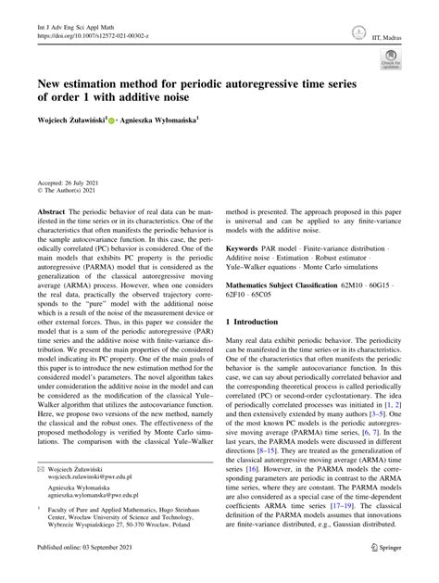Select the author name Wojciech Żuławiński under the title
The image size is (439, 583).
tap(69, 120)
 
